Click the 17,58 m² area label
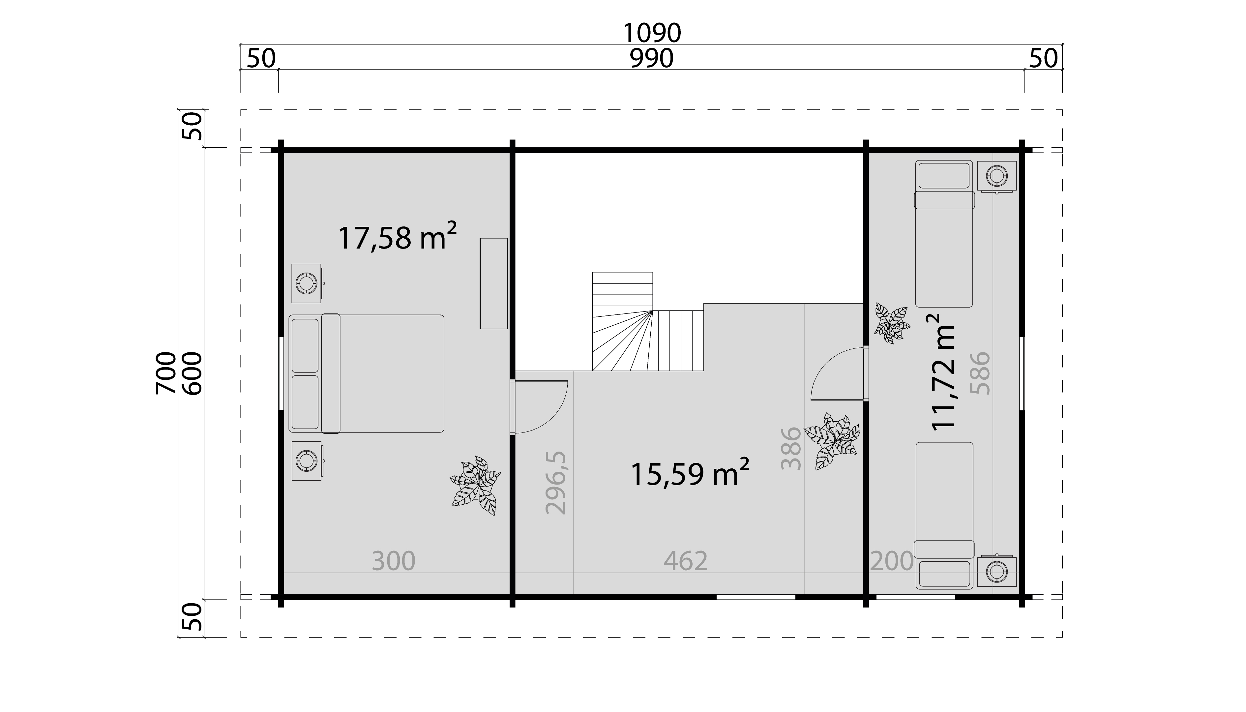click(x=397, y=237)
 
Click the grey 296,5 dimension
click(x=556, y=483)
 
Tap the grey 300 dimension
click(x=394, y=561)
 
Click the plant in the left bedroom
click(x=475, y=485)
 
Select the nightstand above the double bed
click(x=308, y=283)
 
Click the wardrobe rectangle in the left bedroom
click(x=493, y=283)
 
